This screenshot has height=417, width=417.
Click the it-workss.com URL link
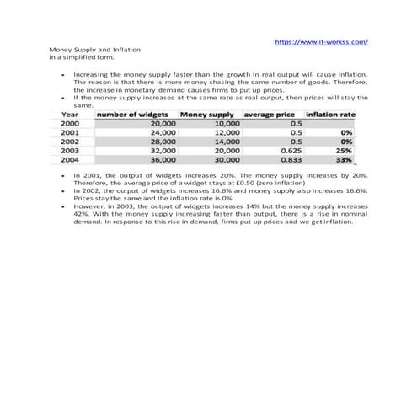pos(323,40)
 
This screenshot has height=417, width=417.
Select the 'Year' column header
pos(71,114)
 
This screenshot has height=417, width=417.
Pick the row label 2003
pos(71,150)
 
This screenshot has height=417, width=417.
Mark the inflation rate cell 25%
pos(344,150)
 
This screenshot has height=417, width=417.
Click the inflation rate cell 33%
pos(344,158)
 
